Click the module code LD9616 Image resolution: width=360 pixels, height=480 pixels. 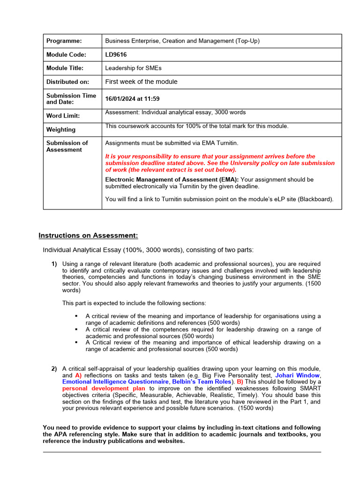click(x=116, y=55)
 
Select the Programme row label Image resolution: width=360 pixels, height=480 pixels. click(x=64, y=41)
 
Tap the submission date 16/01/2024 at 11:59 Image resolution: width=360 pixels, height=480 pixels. click(x=132, y=99)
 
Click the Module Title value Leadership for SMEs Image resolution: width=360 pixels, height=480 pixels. click(x=133, y=68)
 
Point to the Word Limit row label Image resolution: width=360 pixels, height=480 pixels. click(x=63, y=116)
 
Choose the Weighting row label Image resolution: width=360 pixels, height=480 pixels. click(x=60, y=130)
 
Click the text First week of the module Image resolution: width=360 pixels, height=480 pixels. click(x=141, y=82)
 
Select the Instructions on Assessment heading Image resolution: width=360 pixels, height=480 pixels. click(x=88, y=235)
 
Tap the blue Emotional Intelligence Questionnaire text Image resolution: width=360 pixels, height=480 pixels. click(x=115, y=382)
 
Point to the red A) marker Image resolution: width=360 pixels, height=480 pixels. click(x=78, y=375)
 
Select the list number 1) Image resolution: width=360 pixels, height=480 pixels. click(x=54, y=264)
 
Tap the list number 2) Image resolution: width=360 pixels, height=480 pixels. click(x=54, y=369)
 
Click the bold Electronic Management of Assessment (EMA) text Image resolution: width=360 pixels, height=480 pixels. click(x=172, y=180)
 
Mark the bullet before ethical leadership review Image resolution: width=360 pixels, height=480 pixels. click(x=76, y=343)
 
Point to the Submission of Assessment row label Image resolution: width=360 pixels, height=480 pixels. click(x=67, y=146)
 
